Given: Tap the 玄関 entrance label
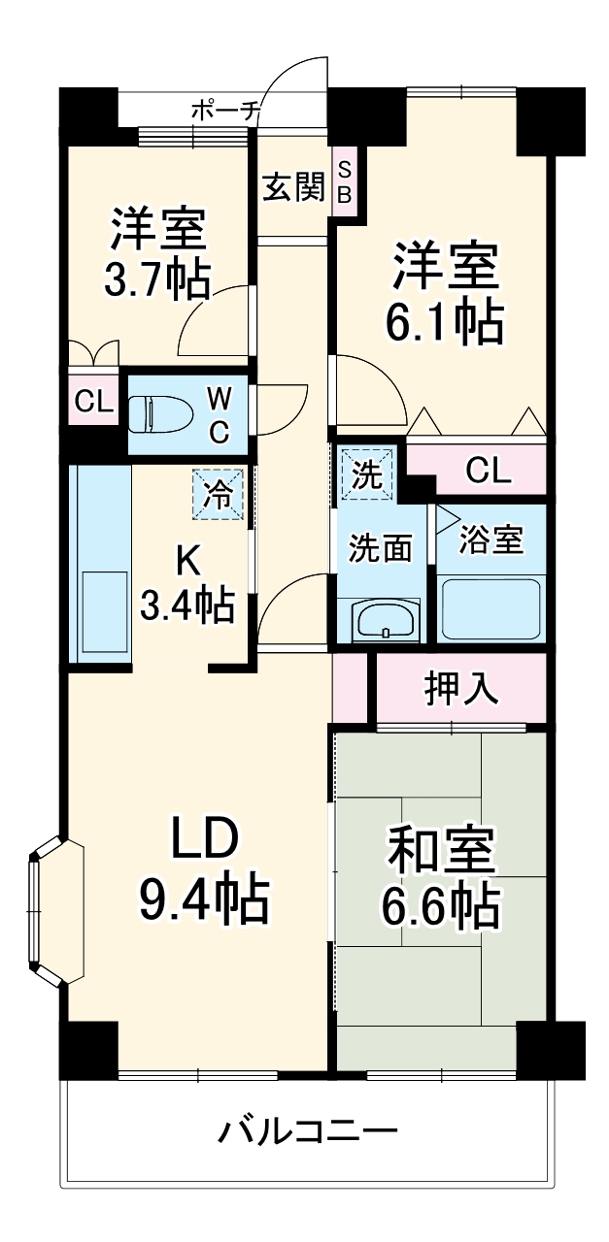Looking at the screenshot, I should tap(292, 186).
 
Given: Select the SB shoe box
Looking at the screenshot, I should tap(344, 181).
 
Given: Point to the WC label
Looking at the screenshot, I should tap(220, 414).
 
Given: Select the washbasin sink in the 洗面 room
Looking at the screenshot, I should tap(386, 620).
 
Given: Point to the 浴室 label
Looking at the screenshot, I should tap(491, 539).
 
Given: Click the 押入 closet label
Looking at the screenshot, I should tap(461, 688).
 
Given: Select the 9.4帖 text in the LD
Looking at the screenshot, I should tap(204, 899).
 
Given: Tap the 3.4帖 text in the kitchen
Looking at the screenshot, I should tap(186, 604).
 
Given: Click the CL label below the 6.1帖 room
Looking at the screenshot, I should tap(487, 471).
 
